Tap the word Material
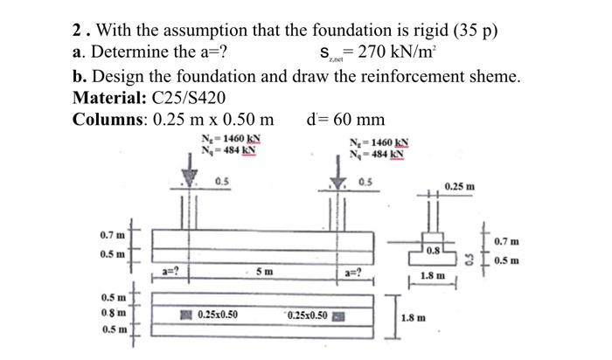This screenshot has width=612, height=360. (108, 97)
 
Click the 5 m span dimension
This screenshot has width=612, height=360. (263, 271)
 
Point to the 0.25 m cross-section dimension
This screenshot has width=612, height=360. (460, 187)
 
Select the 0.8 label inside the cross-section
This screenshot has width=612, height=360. (434, 250)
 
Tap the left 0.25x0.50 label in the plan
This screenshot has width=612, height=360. (217, 314)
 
